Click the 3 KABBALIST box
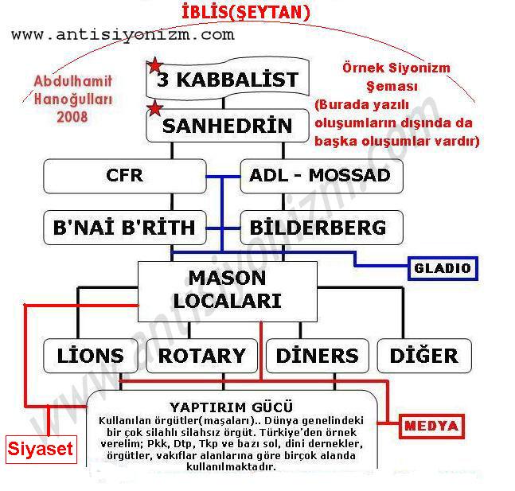[227, 80]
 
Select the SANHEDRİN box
[227, 126]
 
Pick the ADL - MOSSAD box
[321, 176]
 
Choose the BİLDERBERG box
[321, 228]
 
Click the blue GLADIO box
[443, 268]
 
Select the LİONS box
[91, 355]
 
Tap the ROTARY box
[201, 355]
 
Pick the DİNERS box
[317, 355]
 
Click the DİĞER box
[423, 355]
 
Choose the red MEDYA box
[431, 426]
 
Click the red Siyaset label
[41, 449]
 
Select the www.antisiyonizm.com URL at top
[123, 34]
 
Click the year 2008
[72, 116]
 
